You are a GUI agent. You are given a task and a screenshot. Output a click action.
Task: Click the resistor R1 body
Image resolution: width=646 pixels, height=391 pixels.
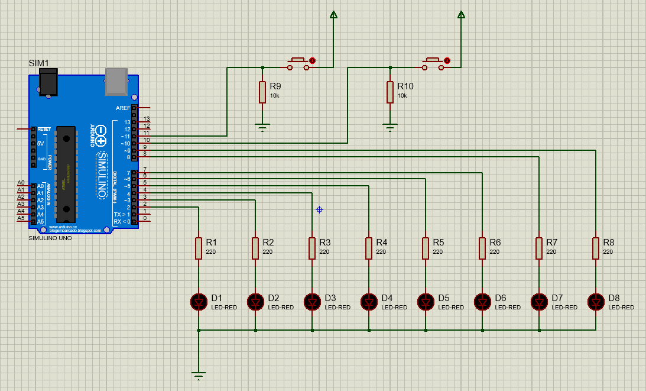(199, 248)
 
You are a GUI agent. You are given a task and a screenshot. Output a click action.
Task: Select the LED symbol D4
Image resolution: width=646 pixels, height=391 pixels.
(369, 302)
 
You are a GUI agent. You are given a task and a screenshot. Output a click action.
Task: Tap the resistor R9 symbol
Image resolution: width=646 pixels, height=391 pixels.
(262, 92)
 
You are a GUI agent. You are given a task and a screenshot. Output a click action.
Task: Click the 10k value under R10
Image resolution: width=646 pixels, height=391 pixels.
(402, 96)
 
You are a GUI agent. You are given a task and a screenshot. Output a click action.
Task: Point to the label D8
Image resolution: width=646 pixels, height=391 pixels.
(614, 298)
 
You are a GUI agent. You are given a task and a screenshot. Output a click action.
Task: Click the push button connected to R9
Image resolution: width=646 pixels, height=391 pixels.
(298, 64)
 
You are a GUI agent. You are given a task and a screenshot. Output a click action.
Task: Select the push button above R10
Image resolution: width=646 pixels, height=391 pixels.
(433, 64)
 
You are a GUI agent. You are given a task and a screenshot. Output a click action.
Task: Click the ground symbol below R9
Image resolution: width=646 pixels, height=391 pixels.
(262, 126)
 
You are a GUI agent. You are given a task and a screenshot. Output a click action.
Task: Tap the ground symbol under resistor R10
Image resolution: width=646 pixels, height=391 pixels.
(389, 126)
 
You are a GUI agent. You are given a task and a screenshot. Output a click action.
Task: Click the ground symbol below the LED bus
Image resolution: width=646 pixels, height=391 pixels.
(199, 375)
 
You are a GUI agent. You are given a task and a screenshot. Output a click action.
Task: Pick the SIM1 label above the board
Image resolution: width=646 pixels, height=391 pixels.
(39, 63)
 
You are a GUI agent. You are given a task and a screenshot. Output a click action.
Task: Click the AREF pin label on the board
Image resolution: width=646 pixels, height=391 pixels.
(123, 108)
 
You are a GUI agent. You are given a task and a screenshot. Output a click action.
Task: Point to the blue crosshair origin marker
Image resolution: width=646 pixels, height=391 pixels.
(320, 209)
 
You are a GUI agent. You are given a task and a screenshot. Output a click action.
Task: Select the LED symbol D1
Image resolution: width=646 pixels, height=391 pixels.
(199, 302)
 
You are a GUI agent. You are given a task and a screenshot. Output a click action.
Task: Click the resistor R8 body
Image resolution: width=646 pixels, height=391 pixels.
(596, 248)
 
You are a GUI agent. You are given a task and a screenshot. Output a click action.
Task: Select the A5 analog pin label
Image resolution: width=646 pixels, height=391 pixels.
(21, 218)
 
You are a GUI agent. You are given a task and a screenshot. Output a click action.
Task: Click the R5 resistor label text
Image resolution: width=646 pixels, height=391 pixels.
(438, 243)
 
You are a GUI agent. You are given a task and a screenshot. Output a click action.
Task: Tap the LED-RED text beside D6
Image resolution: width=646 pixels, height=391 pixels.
(508, 308)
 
